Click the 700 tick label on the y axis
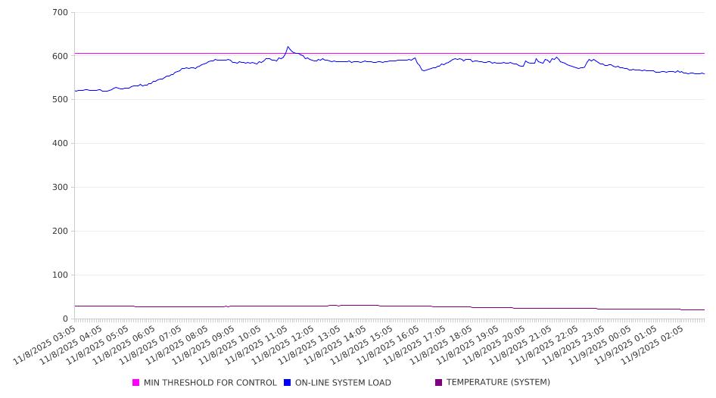coord(61,12)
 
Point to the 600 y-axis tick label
coord(61,56)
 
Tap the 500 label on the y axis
coord(61,100)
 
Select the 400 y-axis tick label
coord(61,144)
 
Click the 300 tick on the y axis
coord(61,188)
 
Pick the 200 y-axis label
coord(61,232)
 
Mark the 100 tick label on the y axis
coord(61,275)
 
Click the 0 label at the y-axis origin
coord(66,319)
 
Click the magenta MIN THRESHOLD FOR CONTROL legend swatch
coord(136,383)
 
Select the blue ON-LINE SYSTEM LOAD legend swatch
coord(288,383)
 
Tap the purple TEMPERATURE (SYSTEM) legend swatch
coord(439,383)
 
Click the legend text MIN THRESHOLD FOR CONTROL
coord(210,383)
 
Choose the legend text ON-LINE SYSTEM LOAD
coord(343,383)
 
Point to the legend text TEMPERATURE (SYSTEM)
coord(498,383)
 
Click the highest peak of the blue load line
coord(288,47)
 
